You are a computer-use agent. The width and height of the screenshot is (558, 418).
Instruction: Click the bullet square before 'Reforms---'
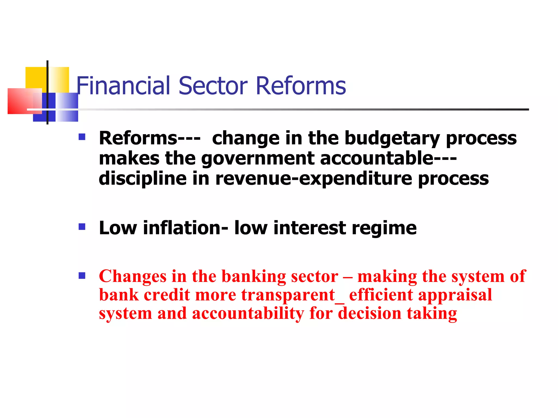click(82, 137)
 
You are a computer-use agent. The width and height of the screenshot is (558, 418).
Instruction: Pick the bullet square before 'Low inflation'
click(82, 227)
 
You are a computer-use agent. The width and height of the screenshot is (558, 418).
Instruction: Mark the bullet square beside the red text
click(82, 276)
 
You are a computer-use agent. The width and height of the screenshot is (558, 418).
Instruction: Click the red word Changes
click(133, 276)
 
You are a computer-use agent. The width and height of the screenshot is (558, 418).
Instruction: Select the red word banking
click(253, 276)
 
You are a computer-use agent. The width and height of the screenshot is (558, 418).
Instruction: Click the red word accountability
click(248, 313)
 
